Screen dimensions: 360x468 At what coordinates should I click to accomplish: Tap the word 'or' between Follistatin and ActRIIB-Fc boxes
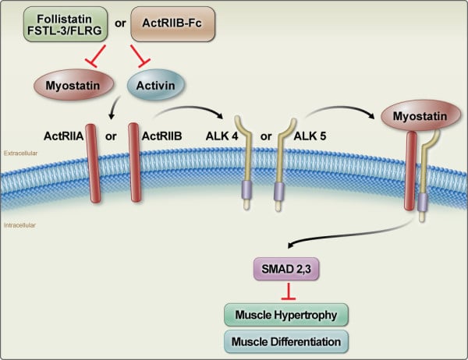121,22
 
